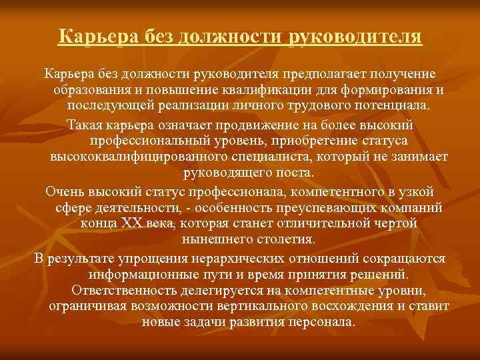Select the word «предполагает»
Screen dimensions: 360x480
(x=321, y=73)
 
